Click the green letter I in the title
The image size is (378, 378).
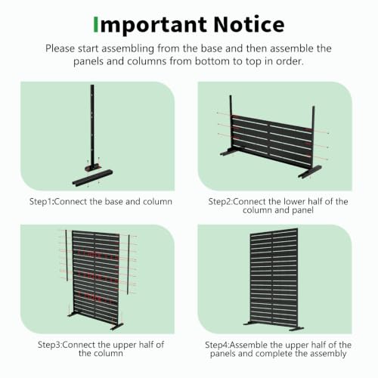point(96,24)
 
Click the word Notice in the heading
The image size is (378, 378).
point(249,24)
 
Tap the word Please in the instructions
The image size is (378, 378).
point(60,48)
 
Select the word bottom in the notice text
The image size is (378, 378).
point(212,61)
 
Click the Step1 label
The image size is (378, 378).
point(42,202)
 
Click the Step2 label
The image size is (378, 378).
point(220,202)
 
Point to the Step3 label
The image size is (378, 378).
point(50,345)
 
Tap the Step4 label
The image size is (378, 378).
point(217,345)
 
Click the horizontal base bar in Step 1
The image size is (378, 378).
point(92,178)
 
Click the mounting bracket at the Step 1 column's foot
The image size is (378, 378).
point(93,167)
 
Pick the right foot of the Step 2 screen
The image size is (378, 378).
point(310,172)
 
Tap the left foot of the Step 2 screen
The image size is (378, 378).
point(230,152)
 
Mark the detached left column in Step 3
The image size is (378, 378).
point(67,256)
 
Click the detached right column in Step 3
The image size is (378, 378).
point(129,265)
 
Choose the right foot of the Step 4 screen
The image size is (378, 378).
point(296,329)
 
